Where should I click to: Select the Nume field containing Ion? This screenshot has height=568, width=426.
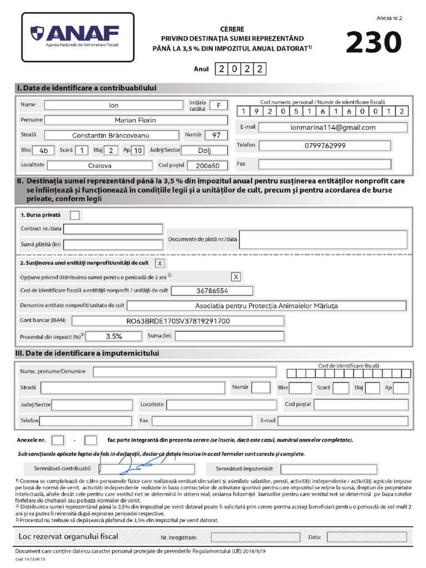(x=114, y=105)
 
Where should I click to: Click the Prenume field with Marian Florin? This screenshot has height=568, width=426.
(x=135, y=120)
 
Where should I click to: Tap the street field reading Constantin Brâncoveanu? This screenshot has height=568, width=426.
(x=111, y=135)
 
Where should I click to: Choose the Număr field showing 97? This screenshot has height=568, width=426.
(x=216, y=135)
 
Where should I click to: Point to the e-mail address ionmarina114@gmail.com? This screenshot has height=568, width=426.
(x=333, y=127)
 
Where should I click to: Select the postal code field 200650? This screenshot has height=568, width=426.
(x=207, y=165)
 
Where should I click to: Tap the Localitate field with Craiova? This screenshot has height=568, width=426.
(x=99, y=165)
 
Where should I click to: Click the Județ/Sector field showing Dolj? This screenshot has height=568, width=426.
(x=205, y=150)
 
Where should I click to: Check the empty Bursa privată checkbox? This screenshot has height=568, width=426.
(x=75, y=215)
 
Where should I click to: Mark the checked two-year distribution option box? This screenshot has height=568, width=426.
(x=236, y=276)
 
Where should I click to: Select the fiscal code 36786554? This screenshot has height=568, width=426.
(x=212, y=291)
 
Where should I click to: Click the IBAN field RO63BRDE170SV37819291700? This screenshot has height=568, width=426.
(x=178, y=321)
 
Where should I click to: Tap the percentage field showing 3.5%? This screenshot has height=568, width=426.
(x=114, y=336)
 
